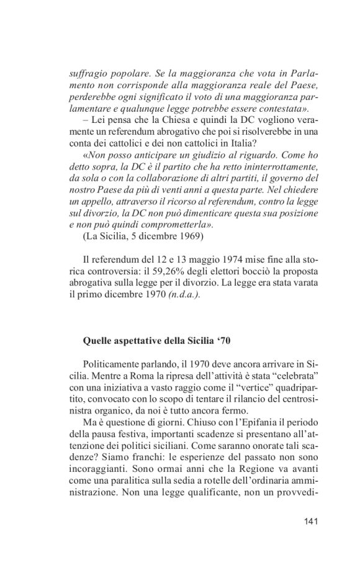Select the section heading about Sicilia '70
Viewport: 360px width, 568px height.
(x=165, y=341)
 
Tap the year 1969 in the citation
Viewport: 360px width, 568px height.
(x=189, y=237)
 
